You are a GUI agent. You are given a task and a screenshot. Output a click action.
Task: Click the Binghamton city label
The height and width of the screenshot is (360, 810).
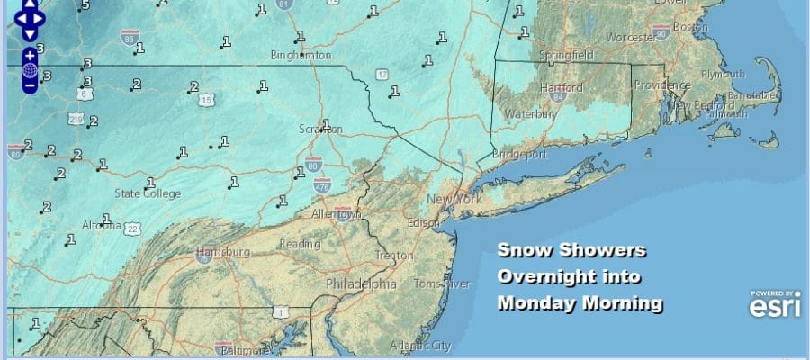click(301, 55)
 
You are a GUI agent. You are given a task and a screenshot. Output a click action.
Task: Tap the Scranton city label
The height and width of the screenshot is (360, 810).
click(320, 130)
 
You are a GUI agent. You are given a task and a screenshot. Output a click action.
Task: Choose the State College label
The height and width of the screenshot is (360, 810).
click(148, 193)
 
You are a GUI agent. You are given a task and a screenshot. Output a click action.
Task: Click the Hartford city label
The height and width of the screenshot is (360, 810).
click(562, 87)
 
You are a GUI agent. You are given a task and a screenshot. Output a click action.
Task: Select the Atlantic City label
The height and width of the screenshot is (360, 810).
click(419, 345)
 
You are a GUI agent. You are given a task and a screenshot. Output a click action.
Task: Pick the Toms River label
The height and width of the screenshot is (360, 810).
click(442, 284)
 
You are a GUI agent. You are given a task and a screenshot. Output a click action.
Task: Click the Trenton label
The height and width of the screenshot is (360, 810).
click(394, 256)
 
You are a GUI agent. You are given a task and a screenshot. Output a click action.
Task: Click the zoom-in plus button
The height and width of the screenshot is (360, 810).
click(30, 55)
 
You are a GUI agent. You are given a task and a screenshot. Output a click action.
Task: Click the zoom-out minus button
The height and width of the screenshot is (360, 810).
click(30, 86)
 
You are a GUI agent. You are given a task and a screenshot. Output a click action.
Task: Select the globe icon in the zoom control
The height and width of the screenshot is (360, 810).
click(30, 70)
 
